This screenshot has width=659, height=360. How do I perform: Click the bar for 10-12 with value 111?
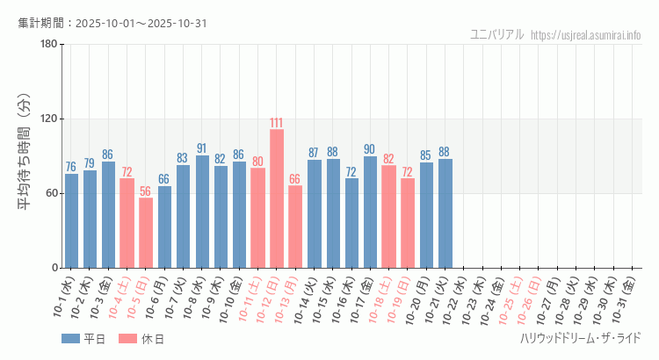[277, 198]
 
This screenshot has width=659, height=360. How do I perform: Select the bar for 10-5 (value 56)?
[146, 233]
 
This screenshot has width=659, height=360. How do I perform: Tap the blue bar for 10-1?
[71, 220]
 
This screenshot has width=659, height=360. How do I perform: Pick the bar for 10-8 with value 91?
[202, 212]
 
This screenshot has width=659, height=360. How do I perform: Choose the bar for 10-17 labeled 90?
[370, 212]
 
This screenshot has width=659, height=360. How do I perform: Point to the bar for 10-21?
[445, 213]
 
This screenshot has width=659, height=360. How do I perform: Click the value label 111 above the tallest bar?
[277, 123]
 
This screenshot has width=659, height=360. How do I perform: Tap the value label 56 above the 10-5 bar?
[146, 191]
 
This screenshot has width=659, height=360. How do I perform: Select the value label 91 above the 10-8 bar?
[202, 148]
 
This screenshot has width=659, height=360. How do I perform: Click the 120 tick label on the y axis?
[48, 119]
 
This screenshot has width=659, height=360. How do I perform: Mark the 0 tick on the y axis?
[54, 268]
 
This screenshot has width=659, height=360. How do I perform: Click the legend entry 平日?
[83, 339]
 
